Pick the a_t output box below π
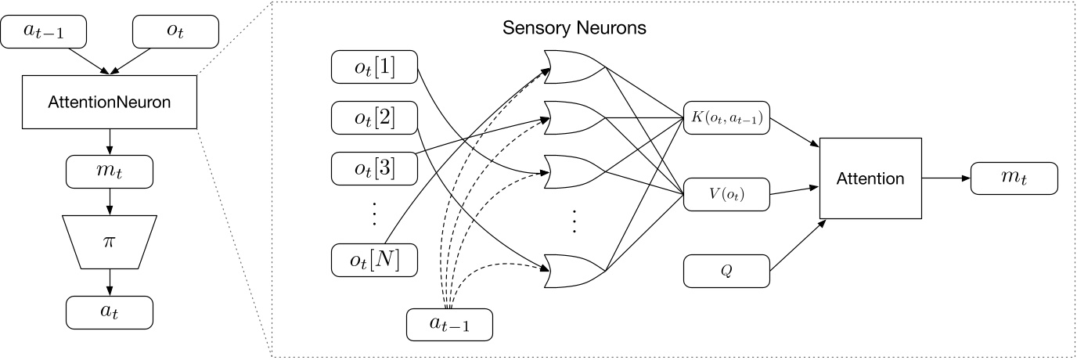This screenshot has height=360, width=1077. click(110, 311)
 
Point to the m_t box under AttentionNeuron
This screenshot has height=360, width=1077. click(110, 169)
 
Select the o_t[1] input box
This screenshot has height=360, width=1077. click(374, 69)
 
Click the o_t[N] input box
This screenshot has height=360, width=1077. click(374, 259)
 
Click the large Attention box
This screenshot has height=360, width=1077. click(870, 178)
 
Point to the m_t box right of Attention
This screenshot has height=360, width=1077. click(1014, 178)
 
